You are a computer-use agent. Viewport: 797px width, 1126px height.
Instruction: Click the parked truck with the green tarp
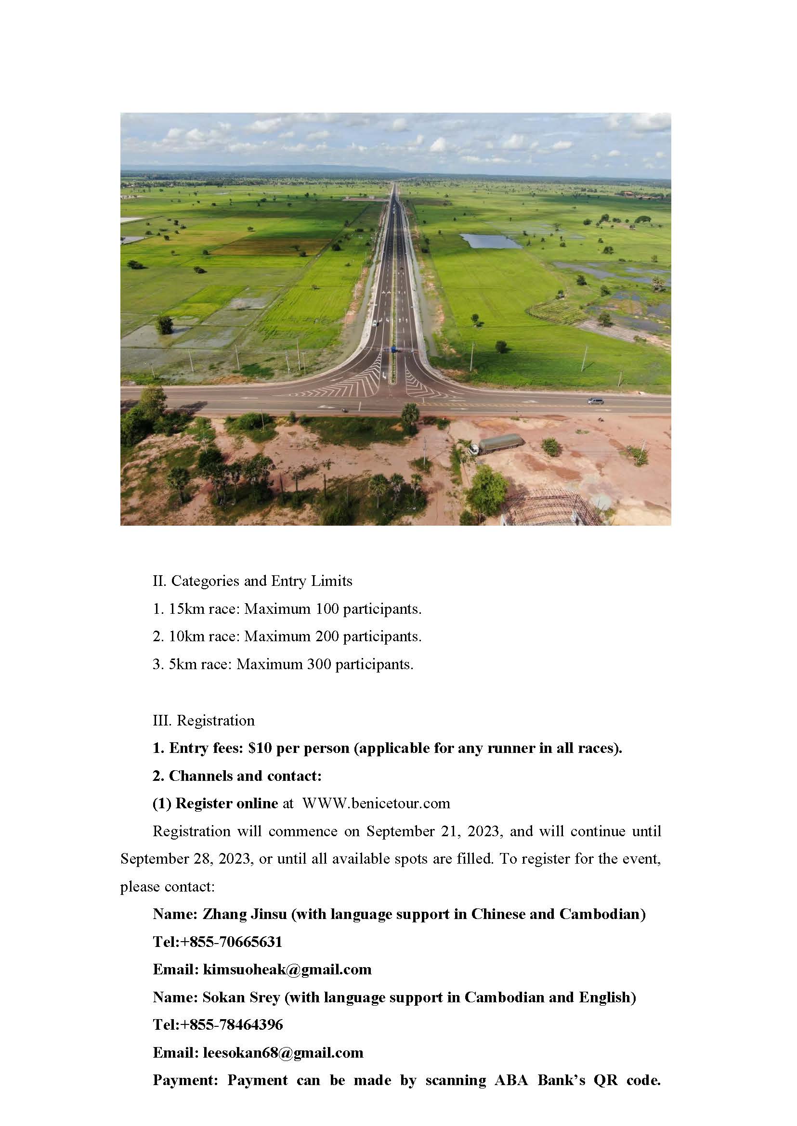[x=497, y=444]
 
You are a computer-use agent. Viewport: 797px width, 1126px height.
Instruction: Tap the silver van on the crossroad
[x=596, y=401]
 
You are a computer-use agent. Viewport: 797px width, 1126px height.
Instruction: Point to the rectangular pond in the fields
[x=489, y=241]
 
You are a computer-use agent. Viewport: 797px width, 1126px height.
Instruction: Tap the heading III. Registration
[x=204, y=720]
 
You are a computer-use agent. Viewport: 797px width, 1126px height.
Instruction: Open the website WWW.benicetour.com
[x=376, y=803]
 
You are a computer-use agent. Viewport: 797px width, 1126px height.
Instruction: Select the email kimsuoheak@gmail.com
[x=287, y=969]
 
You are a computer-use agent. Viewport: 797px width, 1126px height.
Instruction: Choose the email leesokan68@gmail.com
[x=283, y=1052]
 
